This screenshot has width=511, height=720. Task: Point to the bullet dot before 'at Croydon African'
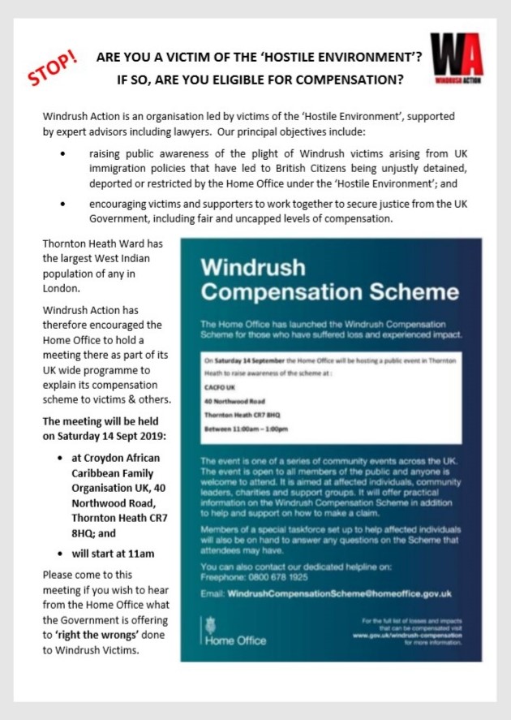(x=62, y=458)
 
